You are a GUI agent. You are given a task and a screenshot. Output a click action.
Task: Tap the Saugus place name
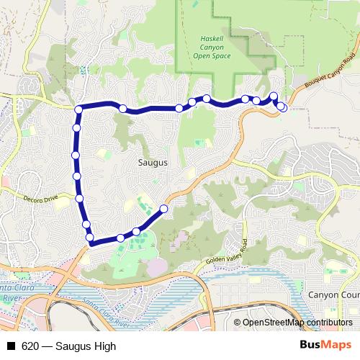pyautogui.click(x=153, y=163)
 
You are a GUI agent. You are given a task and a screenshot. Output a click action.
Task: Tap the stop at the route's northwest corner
pyautogui.click(x=78, y=109)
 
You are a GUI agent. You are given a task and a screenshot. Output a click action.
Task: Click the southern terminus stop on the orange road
pyautogui.click(x=163, y=209)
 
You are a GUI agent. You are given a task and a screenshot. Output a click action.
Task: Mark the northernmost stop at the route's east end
pyautogui.click(x=274, y=96)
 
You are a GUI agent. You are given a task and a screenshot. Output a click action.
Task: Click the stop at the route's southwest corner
pyautogui.click(x=90, y=238)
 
